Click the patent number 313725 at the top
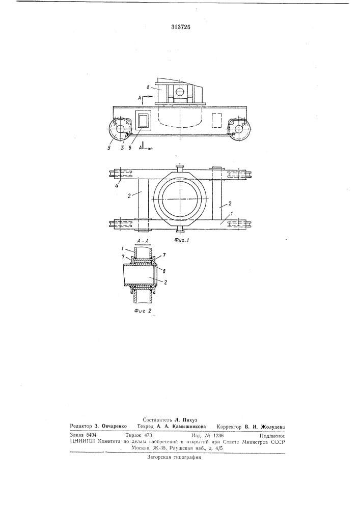tap(180, 27)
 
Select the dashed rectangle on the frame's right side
tap(216, 120)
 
